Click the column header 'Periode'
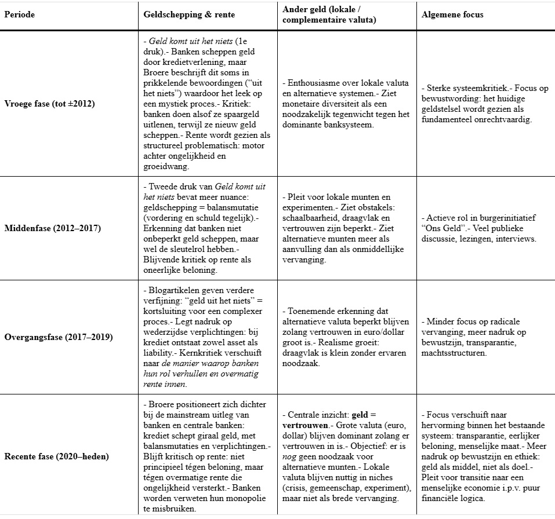[x=20, y=14]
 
